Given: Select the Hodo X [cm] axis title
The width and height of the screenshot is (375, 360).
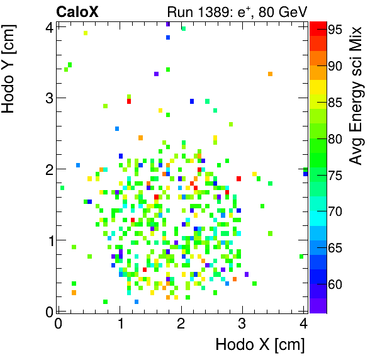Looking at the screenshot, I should (260, 345).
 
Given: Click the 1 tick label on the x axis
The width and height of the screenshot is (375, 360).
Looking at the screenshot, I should (120, 323).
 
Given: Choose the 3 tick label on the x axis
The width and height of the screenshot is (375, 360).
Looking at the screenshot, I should (243, 323).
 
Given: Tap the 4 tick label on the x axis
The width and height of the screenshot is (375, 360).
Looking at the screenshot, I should (304, 323).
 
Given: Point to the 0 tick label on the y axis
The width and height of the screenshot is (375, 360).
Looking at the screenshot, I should (48, 311).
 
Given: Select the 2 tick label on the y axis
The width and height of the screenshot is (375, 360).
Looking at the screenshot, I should (48, 169).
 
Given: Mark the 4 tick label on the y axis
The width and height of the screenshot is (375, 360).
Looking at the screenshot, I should (48, 26).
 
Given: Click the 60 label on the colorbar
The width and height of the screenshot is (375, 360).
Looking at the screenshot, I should (335, 284).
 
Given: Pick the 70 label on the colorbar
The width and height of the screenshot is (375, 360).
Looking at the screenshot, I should (335, 211).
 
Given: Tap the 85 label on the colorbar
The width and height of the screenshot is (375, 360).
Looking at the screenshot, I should (335, 102).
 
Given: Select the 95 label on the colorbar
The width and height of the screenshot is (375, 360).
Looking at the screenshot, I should (335, 29).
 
